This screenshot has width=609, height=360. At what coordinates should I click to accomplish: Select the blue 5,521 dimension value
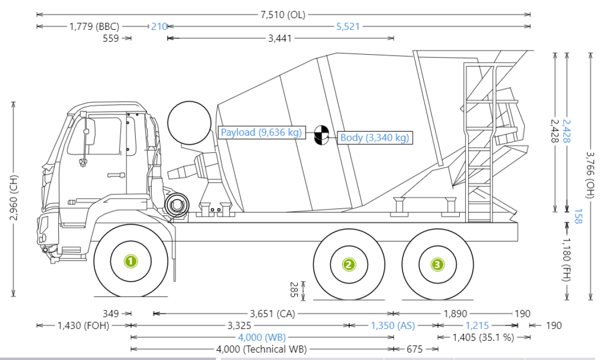coord(347,26)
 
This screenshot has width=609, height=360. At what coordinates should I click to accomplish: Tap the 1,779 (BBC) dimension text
coord(94,26)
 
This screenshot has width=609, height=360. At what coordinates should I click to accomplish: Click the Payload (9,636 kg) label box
coord(261,133)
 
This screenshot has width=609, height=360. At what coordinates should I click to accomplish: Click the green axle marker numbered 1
coord(131,261)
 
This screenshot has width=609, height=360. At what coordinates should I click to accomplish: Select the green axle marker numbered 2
coord(349,265)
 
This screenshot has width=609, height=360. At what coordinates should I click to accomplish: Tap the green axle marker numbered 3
coord(437,265)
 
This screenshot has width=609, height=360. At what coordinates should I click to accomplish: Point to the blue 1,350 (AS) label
coord(393,325)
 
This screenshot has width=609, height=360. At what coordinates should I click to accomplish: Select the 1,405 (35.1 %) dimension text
coord(483,338)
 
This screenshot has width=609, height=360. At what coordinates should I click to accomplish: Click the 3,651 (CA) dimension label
coord(272,314)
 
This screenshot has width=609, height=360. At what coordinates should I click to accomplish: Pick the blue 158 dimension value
coord(578,216)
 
